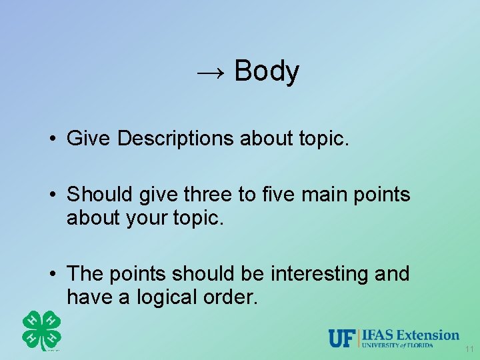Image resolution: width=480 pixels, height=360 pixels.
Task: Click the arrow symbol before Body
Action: (x=212, y=72)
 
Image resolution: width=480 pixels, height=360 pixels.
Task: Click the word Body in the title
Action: (x=267, y=71)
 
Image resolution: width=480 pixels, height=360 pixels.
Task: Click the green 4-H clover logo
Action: (x=41, y=330)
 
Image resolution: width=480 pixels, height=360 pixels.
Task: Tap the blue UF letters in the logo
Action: (x=343, y=338)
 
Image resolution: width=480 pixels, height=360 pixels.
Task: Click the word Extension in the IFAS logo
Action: (x=431, y=335)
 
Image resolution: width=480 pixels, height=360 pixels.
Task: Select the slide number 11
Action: (x=469, y=349)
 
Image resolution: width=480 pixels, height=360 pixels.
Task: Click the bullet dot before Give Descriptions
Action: (x=51, y=139)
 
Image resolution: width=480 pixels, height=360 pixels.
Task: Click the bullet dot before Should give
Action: (x=51, y=195)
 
